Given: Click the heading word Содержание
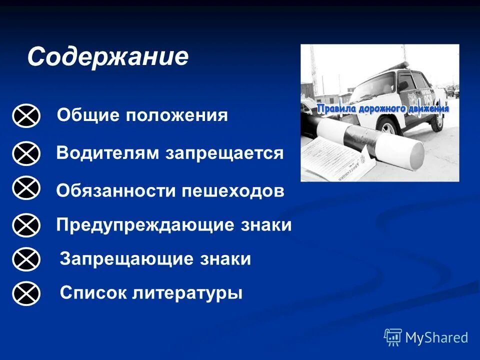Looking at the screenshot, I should pos(108,57).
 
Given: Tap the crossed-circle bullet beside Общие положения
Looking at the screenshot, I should pos(26,116).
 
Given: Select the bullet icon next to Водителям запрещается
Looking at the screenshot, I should pos(26,153).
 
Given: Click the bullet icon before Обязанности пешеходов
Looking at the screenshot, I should pos(26,188).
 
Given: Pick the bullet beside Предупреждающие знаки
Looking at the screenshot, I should pos(26,225).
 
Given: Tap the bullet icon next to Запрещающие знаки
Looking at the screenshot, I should pos(26,259).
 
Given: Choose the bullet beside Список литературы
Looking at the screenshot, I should pos(26,293).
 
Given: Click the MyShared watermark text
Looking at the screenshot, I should pos(436,337).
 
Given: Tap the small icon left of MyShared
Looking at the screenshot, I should pos(393,337).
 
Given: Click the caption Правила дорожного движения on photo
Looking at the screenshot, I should pos(383,108).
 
